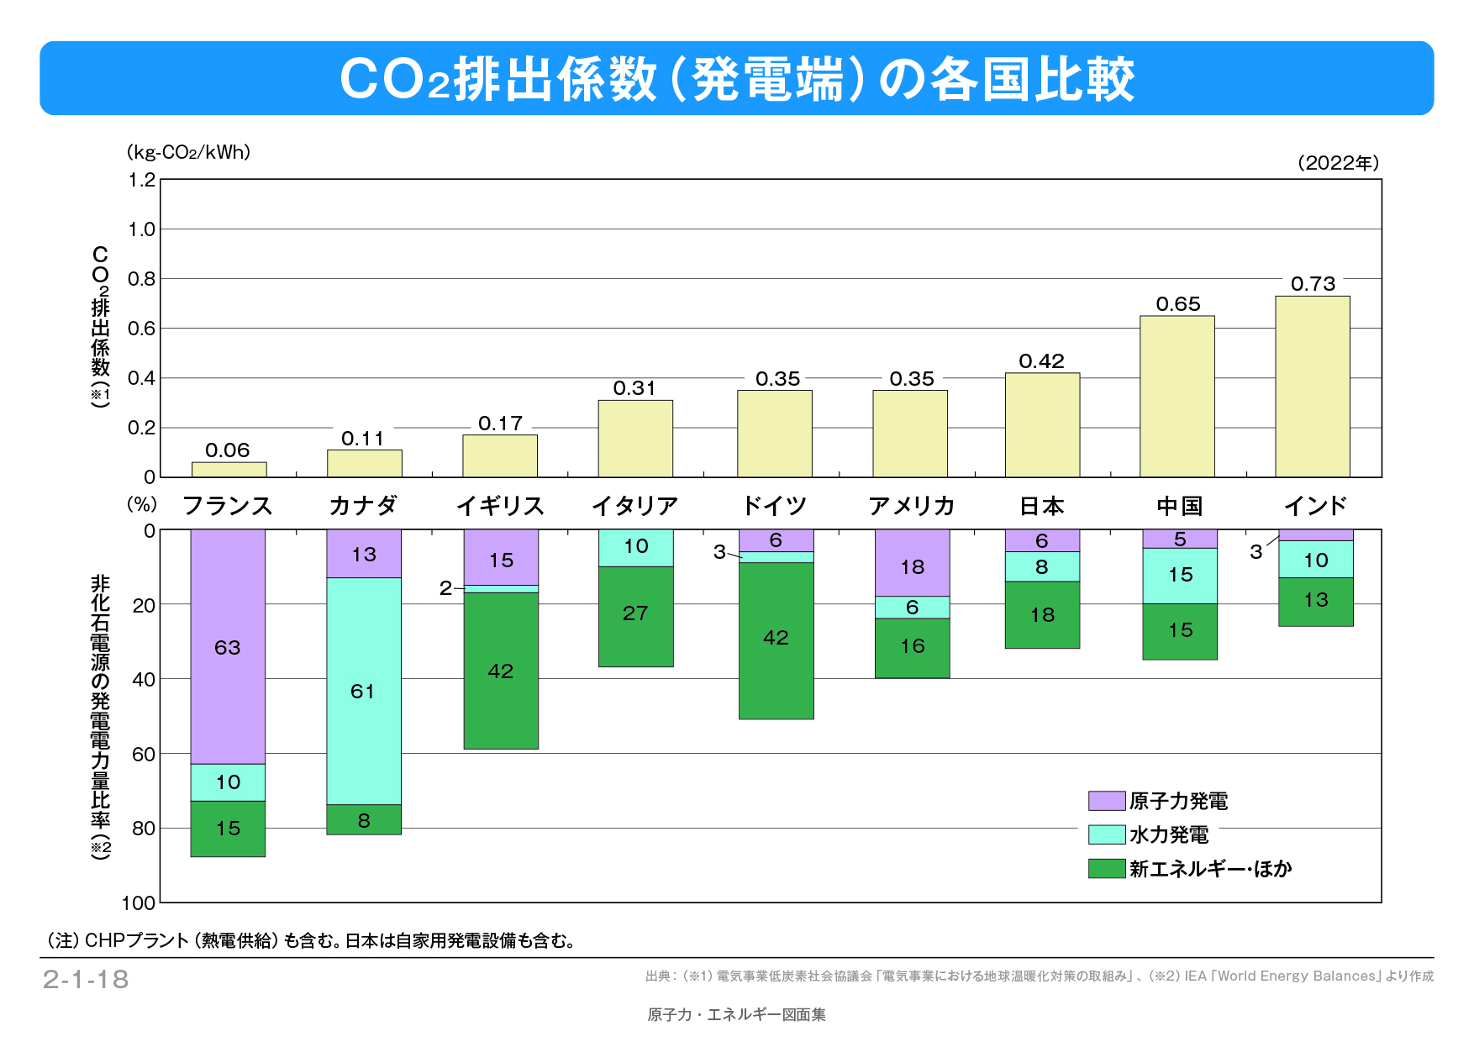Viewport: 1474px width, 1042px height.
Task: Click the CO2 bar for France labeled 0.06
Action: [229, 470]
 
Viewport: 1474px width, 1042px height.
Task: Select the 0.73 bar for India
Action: [1312, 387]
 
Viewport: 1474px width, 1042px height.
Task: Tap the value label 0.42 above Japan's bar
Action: [1041, 361]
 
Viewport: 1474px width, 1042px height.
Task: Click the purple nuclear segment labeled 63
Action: [228, 647]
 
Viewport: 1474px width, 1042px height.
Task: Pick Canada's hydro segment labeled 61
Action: [363, 691]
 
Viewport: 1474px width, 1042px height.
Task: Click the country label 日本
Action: [1041, 506]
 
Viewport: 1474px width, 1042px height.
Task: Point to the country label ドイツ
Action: [774, 506]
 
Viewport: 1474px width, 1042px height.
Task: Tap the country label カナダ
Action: [363, 506]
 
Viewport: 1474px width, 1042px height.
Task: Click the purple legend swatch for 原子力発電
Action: [1106, 801]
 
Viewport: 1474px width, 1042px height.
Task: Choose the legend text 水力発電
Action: [1169, 834]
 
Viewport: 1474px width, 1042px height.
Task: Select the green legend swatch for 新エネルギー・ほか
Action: [1106, 868]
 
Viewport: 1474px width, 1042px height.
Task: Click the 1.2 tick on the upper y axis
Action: [142, 180]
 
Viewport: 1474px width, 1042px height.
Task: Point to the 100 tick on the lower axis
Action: [139, 903]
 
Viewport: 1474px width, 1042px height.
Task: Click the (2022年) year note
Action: [1338, 163]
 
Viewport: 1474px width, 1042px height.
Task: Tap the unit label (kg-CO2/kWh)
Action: [188, 152]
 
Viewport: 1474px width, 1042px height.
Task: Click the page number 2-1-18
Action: [86, 979]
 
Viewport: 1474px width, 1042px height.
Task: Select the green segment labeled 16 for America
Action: [912, 647]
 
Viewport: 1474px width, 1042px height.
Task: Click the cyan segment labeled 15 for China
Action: [1180, 575]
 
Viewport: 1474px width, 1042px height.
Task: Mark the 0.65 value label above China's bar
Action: [1178, 304]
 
